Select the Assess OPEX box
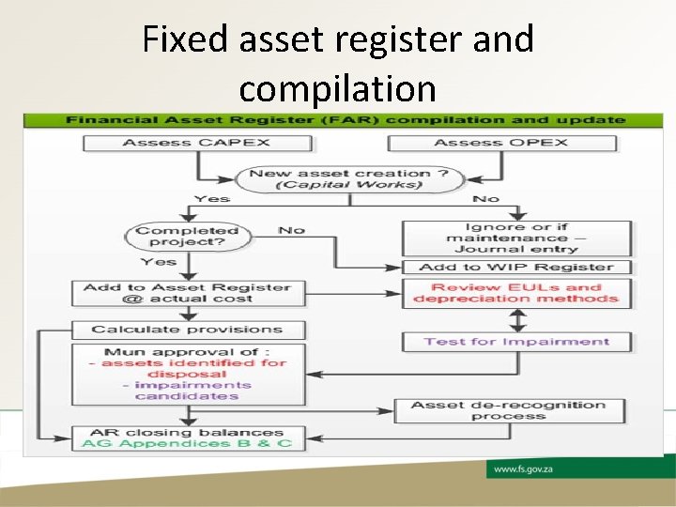502,143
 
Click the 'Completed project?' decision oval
188,236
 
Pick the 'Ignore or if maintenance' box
516,238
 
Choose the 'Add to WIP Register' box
516,268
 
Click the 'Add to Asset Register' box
188,293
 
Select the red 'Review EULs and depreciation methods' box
516,293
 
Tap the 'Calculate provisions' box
188,330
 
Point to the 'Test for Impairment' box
516,342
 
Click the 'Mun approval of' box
188,374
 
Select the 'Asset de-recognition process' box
508,410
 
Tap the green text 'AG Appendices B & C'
188,443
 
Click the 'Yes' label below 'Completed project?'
159,262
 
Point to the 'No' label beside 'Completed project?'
291,230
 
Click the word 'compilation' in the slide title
337,88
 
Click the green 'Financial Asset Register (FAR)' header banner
344,120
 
